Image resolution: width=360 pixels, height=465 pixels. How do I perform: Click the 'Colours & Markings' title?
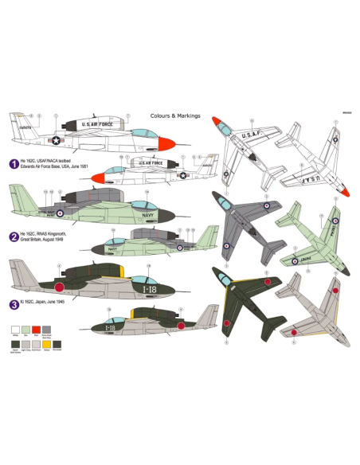click(175, 115)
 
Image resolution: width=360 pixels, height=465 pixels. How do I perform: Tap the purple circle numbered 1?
click(13, 164)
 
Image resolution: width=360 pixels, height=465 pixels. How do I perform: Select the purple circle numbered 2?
click(13, 236)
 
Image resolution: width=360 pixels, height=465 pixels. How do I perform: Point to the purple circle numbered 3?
click(13, 303)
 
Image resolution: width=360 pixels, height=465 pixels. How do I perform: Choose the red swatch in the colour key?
click(37, 328)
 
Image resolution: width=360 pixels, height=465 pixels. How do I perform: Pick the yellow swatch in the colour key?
click(60, 328)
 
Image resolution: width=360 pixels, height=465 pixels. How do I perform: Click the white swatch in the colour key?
click(14, 328)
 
